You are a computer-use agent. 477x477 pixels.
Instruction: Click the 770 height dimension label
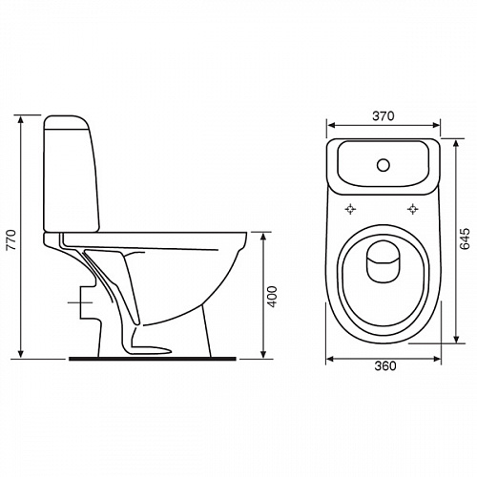(11, 239)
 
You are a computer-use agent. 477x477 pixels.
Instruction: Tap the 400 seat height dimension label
(272, 297)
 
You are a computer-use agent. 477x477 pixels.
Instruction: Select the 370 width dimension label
(384, 116)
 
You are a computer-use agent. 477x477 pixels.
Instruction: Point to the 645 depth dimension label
(465, 238)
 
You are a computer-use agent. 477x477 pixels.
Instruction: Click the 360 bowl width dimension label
(385, 366)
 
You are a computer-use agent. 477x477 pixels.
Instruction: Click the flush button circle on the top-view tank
(384, 165)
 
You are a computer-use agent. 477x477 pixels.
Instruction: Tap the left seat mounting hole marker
(350, 209)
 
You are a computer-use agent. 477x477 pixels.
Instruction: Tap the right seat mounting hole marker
(413, 209)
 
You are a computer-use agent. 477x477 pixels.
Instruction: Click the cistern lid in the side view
(66, 123)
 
